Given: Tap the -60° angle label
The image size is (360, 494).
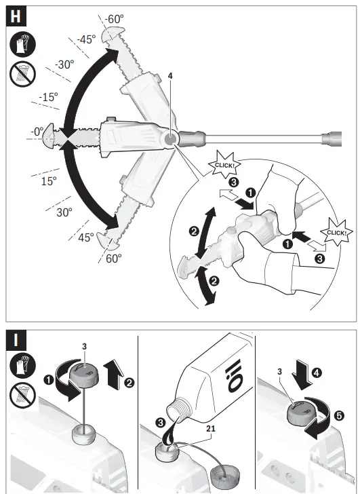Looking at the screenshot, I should (x=114, y=18).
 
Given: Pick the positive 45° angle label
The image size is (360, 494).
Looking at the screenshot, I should (x=85, y=238).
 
